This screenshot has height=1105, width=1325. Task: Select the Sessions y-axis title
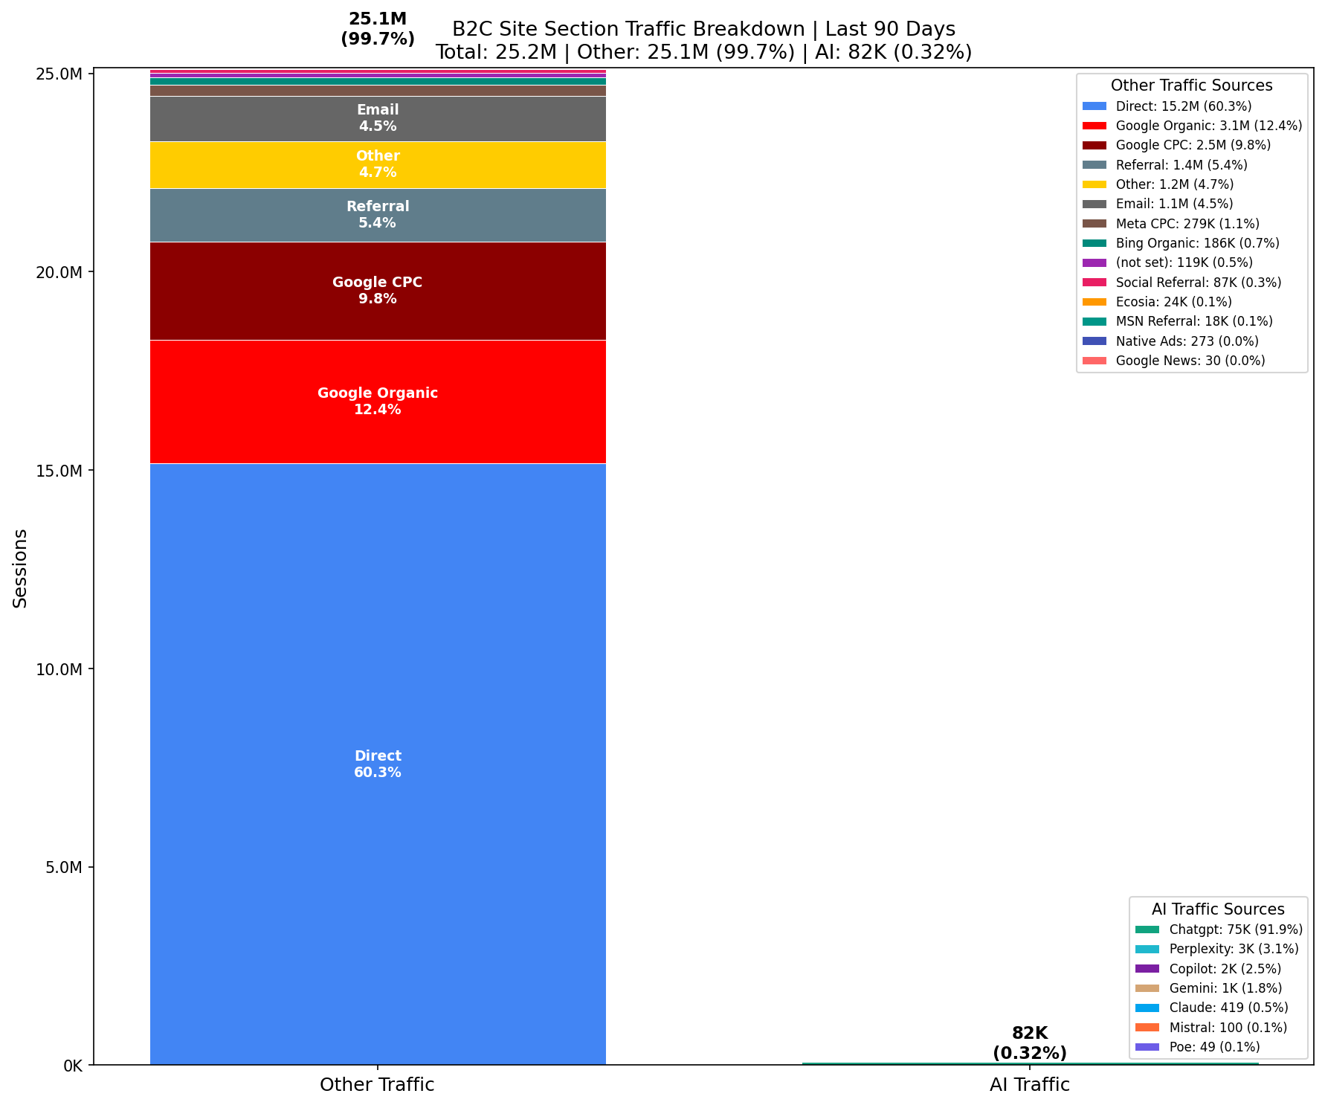[21, 568]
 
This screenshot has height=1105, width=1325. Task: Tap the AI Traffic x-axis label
[1029, 1085]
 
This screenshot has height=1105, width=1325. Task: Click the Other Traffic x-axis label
[377, 1085]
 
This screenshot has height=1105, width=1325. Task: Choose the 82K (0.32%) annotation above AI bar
[1029, 1043]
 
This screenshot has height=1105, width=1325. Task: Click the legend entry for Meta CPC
[1187, 224]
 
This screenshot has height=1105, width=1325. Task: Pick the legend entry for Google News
[1190, 361]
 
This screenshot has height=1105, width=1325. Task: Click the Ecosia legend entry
[1173, 302]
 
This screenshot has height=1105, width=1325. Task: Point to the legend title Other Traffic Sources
[1191, 86]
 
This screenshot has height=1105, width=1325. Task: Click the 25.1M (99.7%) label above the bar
[378, 29]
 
